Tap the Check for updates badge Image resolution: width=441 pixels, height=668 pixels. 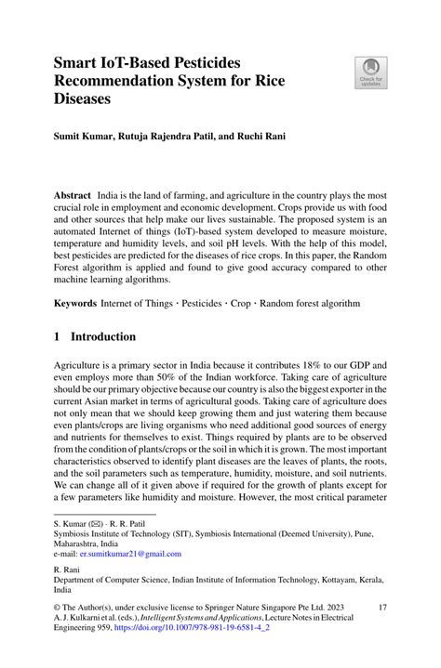tap(370, 72)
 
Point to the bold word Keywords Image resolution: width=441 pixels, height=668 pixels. tap(75, 303)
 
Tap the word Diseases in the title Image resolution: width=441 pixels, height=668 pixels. tap(82, 98)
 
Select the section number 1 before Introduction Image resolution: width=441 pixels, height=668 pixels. tap(58, 336)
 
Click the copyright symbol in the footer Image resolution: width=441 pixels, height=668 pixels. tap(58, 606)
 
